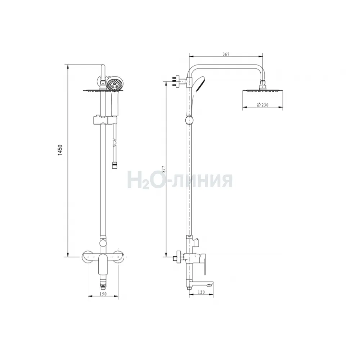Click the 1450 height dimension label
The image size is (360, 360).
[60, 150]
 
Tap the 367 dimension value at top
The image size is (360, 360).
[226, 54]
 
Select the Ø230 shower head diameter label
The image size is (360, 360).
[262, 105]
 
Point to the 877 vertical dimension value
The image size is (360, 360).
[163, 169]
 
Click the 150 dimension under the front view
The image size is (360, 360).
[103, 294]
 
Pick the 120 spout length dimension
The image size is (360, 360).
[201, 292]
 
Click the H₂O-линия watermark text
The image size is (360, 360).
[180, 180]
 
